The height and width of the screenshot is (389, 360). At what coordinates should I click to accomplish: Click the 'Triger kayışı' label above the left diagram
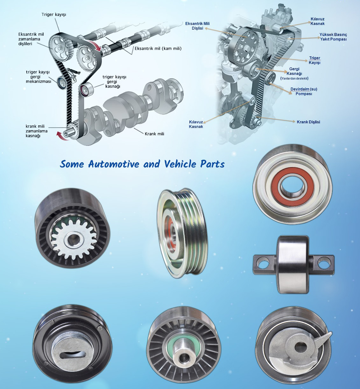(54, 15)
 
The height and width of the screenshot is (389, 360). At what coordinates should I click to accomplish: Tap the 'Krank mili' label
(154, 134)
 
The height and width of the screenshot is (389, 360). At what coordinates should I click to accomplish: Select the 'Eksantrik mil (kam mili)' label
(158, 48)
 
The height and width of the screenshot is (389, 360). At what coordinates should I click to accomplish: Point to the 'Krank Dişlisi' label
(308, 122)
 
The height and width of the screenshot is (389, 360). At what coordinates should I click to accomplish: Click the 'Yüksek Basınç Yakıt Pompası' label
(333, 37)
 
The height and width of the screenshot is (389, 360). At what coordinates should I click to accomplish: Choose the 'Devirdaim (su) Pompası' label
(304, 91)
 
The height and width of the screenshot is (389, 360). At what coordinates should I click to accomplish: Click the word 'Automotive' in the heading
(114, 164)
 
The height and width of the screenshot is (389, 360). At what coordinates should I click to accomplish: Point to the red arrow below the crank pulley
(62, 136)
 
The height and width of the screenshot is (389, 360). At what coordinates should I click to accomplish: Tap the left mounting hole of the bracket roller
(263, 263)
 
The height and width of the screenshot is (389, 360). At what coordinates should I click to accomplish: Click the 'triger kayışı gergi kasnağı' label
(114, 81)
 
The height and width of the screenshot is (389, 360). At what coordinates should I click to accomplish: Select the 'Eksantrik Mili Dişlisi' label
(197, 26)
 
